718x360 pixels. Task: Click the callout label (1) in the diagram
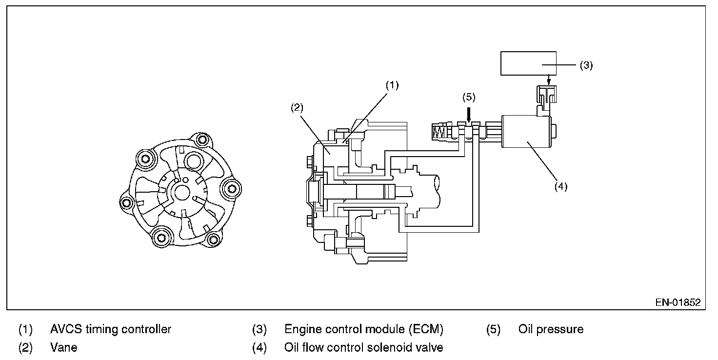point(392,85)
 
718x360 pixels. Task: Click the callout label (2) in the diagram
point(297,108)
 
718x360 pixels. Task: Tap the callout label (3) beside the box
point(586,65)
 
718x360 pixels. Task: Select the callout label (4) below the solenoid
point(561,186)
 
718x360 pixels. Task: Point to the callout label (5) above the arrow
point(469,97)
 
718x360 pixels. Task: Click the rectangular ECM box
point(528,63)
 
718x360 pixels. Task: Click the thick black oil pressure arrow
point(469,115)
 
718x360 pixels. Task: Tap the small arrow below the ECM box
point(549,80)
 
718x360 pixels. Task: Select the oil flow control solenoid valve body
point(527,132)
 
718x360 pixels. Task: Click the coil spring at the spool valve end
point(439,132)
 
